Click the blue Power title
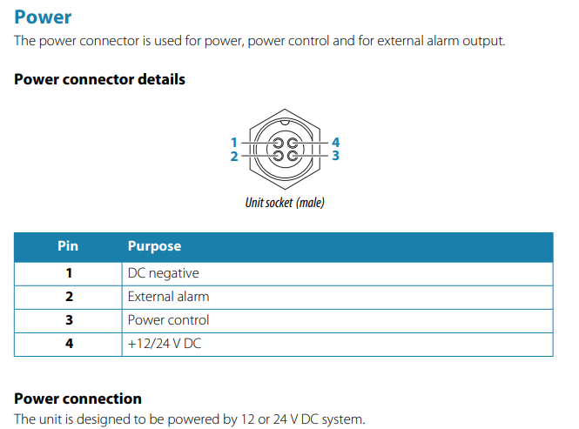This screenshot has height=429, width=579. (x=43, y=17)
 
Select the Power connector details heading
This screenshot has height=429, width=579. (x=100, y=79)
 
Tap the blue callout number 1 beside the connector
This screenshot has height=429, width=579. (x=233, y=143)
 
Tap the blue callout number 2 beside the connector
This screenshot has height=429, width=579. (x=234, y=156)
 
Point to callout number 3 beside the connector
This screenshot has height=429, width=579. (x=335, y=156)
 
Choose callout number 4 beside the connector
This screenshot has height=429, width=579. (x=335, y=142)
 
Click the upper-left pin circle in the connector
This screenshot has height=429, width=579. (x=278, y=143)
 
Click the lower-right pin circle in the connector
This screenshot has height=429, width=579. (x=293, y=156)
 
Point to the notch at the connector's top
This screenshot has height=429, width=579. (x=285, y=122)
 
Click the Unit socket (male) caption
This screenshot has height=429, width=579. (x=285, y=202)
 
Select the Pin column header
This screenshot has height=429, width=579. (x=68, y=246)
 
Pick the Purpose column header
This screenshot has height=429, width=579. (x=154, y=246)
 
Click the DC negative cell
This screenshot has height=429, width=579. (x=163, y=273)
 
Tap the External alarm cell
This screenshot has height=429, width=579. (x=168, y=297)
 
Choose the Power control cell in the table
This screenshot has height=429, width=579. (x=168, y=320)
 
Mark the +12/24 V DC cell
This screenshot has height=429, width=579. (x=165, y=344)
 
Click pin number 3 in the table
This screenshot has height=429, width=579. (x=69, y=320)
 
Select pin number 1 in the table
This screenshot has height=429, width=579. (x=69, y=273)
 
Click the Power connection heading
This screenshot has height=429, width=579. (x=77, y=399)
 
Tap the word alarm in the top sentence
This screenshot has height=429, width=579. (x=441, y=41)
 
